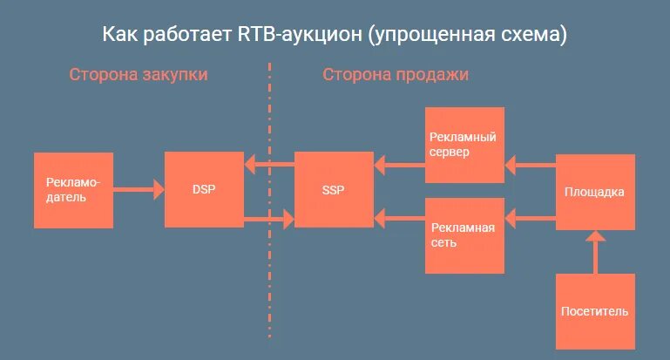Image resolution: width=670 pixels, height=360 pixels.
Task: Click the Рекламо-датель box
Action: (x=73, y=190)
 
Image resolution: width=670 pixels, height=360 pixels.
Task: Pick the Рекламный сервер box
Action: (x=464, y=145)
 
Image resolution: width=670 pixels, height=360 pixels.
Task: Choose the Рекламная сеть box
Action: (x=464, y=235)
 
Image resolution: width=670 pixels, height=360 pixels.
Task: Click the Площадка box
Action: (x=595, y=192)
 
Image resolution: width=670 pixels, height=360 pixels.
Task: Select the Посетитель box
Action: (x=595, y=311)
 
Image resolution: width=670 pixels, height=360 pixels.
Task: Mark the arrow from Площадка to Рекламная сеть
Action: (x=530, y=215)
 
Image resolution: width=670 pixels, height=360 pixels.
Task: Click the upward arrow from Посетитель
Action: (x=595, y=252)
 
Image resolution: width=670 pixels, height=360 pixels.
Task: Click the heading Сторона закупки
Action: (x=139, y=75)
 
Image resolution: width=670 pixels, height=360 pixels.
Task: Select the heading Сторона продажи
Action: (x=396, y=75)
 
